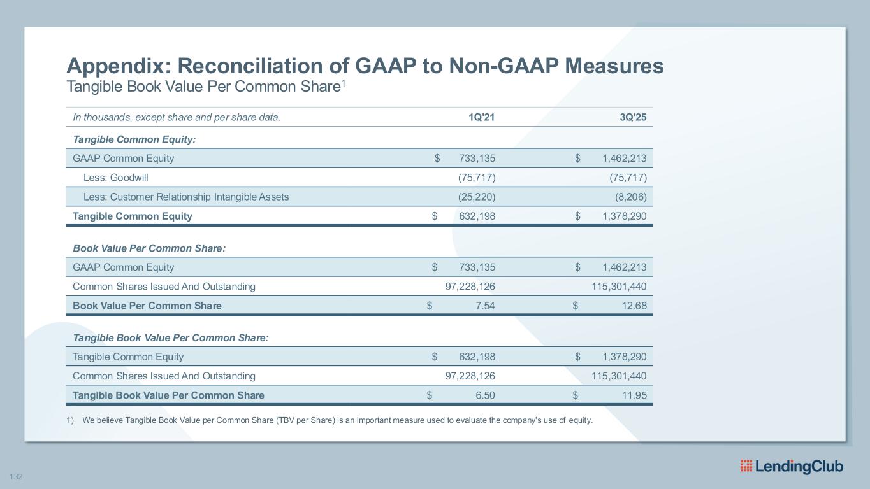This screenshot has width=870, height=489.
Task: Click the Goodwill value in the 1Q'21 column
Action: tap(472, 178)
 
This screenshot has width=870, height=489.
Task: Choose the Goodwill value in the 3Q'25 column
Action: tap(628, 178)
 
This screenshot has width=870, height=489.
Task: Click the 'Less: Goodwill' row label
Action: tap(115, 178)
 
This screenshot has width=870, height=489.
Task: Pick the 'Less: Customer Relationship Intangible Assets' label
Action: tap(185, 197)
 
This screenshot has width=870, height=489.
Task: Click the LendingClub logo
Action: tap(792, 466)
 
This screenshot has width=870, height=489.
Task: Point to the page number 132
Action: tap(15, 476)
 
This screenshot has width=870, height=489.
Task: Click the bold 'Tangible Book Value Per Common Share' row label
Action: tap(168, 395)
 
